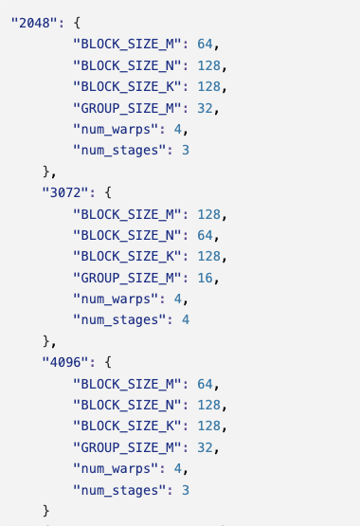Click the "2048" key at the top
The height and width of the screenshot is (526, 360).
click(x=30, y=22)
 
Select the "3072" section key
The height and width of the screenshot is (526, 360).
click(x=64, y=192)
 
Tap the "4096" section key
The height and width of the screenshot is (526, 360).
click(x=64, y=362)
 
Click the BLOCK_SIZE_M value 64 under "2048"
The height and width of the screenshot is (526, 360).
click(x=207, y=44)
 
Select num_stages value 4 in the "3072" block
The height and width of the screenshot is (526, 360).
click(x=186, y=319)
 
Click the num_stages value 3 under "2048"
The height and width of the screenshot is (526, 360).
click(x=186, y=150)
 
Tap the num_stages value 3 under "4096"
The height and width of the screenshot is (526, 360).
click(x=186, y=490)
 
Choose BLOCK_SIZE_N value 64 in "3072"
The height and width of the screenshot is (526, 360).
click(x=207, y=235)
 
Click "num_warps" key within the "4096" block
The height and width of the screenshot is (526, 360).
click(x=115, y=468)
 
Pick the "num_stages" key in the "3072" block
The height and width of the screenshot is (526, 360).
click(x=118, y=319)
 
